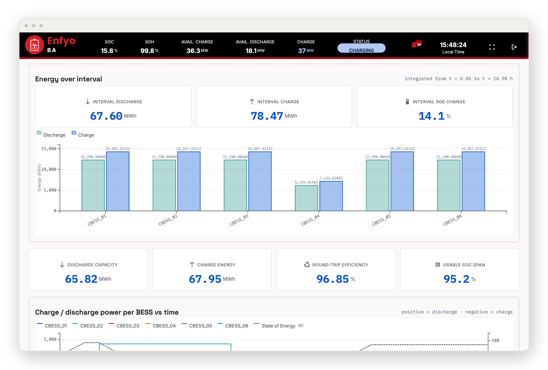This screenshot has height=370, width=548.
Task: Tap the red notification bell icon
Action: pyautogui.click(x=414, y=45)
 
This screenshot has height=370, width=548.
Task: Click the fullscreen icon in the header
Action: pyautogui.click(x=492, y=47)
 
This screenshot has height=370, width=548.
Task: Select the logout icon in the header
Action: pyautogui.click(x=514, y=47)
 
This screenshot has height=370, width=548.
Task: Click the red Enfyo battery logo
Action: pyautogui.click(x=34, y=45)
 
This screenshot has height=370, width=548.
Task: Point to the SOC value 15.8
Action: pyautogui.click(x=107, y=51)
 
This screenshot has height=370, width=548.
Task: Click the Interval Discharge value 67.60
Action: pyautogui.click(x=106, y=116)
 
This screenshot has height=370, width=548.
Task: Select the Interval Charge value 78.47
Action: pyautogui.click(x=267, y=116)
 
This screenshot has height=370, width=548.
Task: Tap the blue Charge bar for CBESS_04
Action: pyautogui.click(x=331, y=196)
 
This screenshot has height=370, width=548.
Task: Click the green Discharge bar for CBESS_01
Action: pyautogui.click(x=93, y=186)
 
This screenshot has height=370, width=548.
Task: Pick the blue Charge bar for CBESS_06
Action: pyautogui.click(x=473, y=181)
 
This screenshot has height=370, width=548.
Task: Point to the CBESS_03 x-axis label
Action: pyautogui.click(x=239, y=220)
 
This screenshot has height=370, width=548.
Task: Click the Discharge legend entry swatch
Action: pyautogui.click(x=39, y=133)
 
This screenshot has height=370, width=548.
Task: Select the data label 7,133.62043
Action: pyautogui.click(x=331, y=178)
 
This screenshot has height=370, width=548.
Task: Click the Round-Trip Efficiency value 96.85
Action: pyautogui.click(x=333, y=279)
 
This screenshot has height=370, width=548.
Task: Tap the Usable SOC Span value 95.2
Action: pyautogui.click(x=456, y=279)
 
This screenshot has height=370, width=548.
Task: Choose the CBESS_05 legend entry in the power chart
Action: pyautogui.click(x=197, y=326)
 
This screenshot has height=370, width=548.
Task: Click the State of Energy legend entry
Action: pyautogui.click(x=278, y=326)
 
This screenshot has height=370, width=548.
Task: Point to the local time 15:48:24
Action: pyautogui.click(x=453, y=45)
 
